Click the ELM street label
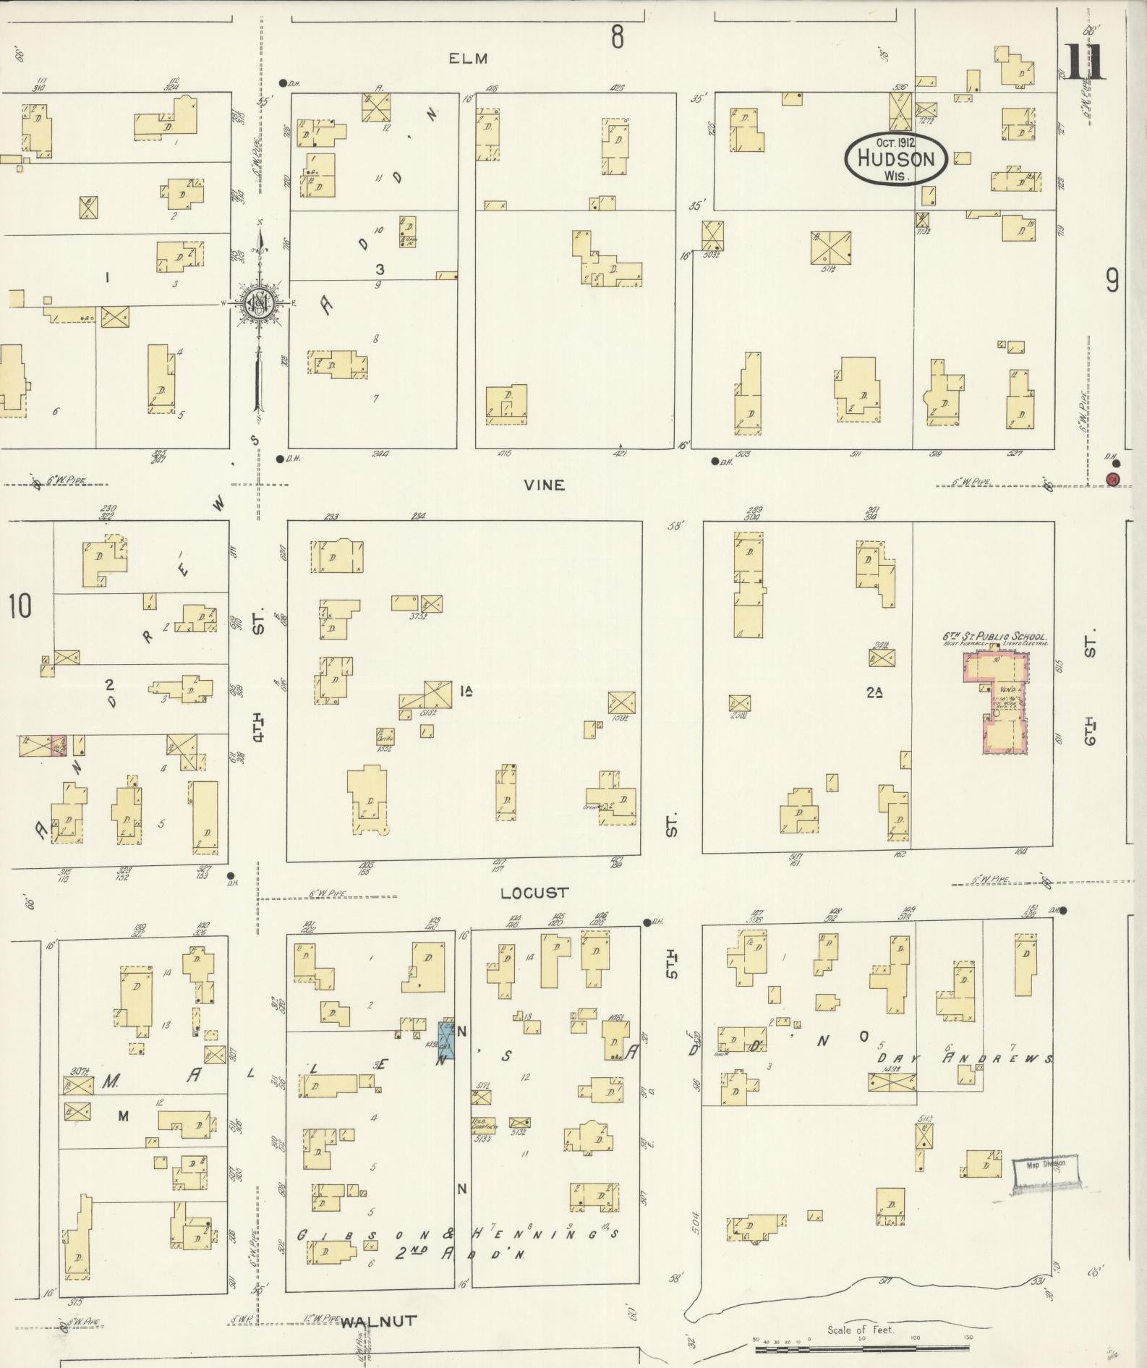tap(468, 59)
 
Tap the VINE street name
tap(545, 485)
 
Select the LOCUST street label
tap(534, 893)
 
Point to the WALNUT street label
tap(378, 1321)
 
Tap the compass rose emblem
tap(257, 303)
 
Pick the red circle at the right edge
tap(1113, 478)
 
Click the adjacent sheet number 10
tap(20, 606)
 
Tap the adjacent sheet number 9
tap(1112, 280)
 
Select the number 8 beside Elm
tap(616, 36)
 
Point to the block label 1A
tap(465, 691)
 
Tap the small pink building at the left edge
tap(59, 745)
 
